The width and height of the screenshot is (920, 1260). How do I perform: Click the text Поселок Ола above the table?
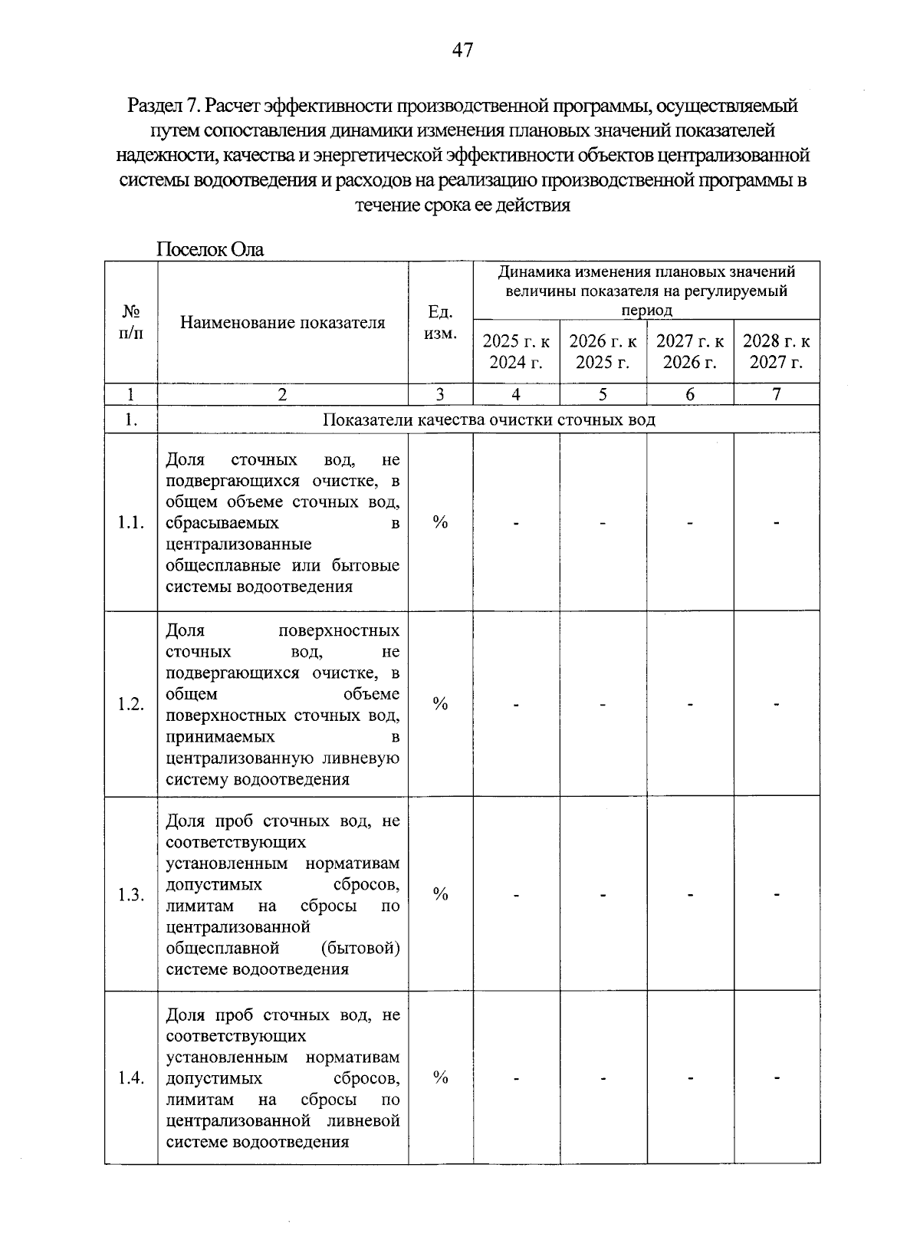point(209,249)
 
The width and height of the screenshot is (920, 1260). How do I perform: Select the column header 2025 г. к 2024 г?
point(516,351)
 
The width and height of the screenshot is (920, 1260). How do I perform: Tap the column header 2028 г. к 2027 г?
point(776,351)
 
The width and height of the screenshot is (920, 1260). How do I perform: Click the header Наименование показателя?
point(282,322)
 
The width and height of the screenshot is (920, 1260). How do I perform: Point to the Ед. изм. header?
point(440,323)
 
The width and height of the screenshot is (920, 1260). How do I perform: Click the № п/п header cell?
point(131,322)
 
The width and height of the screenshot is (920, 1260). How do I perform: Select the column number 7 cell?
point(776,394)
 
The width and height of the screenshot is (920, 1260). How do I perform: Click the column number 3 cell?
point(440,394)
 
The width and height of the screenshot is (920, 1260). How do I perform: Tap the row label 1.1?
point(131,523)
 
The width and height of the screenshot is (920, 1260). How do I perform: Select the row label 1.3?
point(131,895)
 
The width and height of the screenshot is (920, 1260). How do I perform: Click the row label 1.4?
point(131,1078)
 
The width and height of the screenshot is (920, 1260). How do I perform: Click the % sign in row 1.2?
point(440,704)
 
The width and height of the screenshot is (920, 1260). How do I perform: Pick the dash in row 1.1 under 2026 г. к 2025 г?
point(603,524)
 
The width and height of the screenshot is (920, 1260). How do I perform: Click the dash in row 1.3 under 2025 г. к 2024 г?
point(517,895)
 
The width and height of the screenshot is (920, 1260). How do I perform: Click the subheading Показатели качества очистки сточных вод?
point(489,419)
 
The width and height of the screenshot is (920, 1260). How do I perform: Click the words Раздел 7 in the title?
point(163,104)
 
